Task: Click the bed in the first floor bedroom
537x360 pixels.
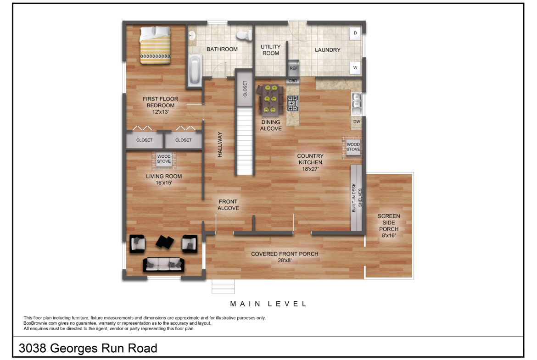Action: pyautogui.click(x=155, y=45)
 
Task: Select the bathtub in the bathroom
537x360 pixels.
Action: pyautogui.click(x=195, y=69)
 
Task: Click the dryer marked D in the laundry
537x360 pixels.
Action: pyautogui.click(x=355, y=33)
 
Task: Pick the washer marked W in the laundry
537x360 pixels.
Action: pyautogui.click(x=355, y=68)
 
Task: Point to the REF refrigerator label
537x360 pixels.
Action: pyautogui.click(x=293, y=68)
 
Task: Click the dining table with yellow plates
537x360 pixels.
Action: pyautogui.click(x=270, y=100)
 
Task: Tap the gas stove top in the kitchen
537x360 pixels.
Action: pyautogui.click(x=293, y=103)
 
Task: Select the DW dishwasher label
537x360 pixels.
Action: pyautogui.click(x=357, y=122)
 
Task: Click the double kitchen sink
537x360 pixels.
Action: pyautogui.click(x=357, y=103)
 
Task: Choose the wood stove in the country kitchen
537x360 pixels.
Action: pyautogui.click(x=353, y=147)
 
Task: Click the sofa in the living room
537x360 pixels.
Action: pyautogui.click(x=164, y=265)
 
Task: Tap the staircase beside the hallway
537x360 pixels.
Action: pyautogui.click(x=245, y=141)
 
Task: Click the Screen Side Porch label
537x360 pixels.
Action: pyautogui.click(x=389, y=226)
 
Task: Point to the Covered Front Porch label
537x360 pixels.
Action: pyautogui.click(x=285, y=257)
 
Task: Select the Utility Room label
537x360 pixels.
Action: pyautogui.click(x=270, y=50)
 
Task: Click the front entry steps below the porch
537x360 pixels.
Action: pyautogui.click(x=224, y=287)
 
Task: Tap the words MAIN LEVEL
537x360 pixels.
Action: pyautogui.click(x=268, y=304)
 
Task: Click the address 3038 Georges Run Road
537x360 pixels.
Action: pyautogui.click(x=88, y=349)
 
